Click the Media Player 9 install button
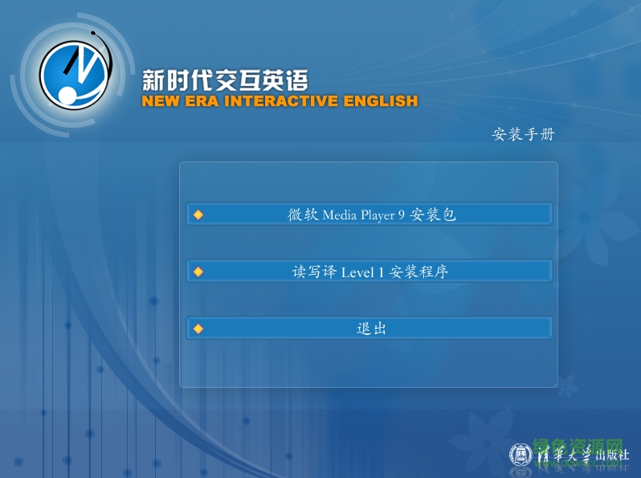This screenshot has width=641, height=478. click(369, 214)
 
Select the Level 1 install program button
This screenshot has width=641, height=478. click(369, 272)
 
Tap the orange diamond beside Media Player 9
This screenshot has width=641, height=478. click(198, 214)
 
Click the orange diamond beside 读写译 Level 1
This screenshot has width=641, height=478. click(198, 272)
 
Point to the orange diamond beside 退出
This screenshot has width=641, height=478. click(198, 329)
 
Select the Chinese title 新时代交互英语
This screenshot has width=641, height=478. click(224, 80)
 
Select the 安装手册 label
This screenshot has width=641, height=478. click(523, 134)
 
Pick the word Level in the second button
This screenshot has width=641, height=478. click(357, 272)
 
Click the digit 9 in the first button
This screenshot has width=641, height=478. click(402, 215)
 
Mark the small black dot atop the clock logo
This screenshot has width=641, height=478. click(94, 34)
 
